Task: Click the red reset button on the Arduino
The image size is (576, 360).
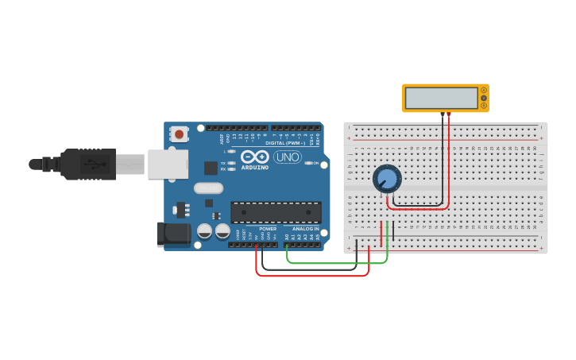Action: (x=180, y=134)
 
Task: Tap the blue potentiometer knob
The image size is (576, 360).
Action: (x=387, y=179)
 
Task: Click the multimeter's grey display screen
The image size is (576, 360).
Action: (x=441, y=98)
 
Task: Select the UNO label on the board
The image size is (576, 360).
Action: (x=287, y=157)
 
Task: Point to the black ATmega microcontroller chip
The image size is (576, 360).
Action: (x=276, y=212)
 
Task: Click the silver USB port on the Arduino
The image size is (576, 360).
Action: (x=167, y=164)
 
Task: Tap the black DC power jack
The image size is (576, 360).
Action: (x=173, y=234)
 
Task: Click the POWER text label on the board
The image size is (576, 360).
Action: (x=268, y=229)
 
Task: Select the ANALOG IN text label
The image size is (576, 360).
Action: (x=305, y=229)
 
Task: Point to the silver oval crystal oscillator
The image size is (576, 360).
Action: (x=207, y=188)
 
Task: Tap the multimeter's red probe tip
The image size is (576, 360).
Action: (x=449, y=116)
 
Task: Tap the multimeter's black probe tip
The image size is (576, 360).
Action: (x=443, y=116)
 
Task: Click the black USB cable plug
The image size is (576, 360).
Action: (x=88, y=165)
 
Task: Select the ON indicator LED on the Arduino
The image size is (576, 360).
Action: (x=307, y=163)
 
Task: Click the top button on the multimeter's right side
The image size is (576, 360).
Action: (x=483, y=91)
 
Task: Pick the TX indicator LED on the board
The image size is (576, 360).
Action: (x=231, y=163)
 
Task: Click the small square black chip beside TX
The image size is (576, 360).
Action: (x=211, y=168)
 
